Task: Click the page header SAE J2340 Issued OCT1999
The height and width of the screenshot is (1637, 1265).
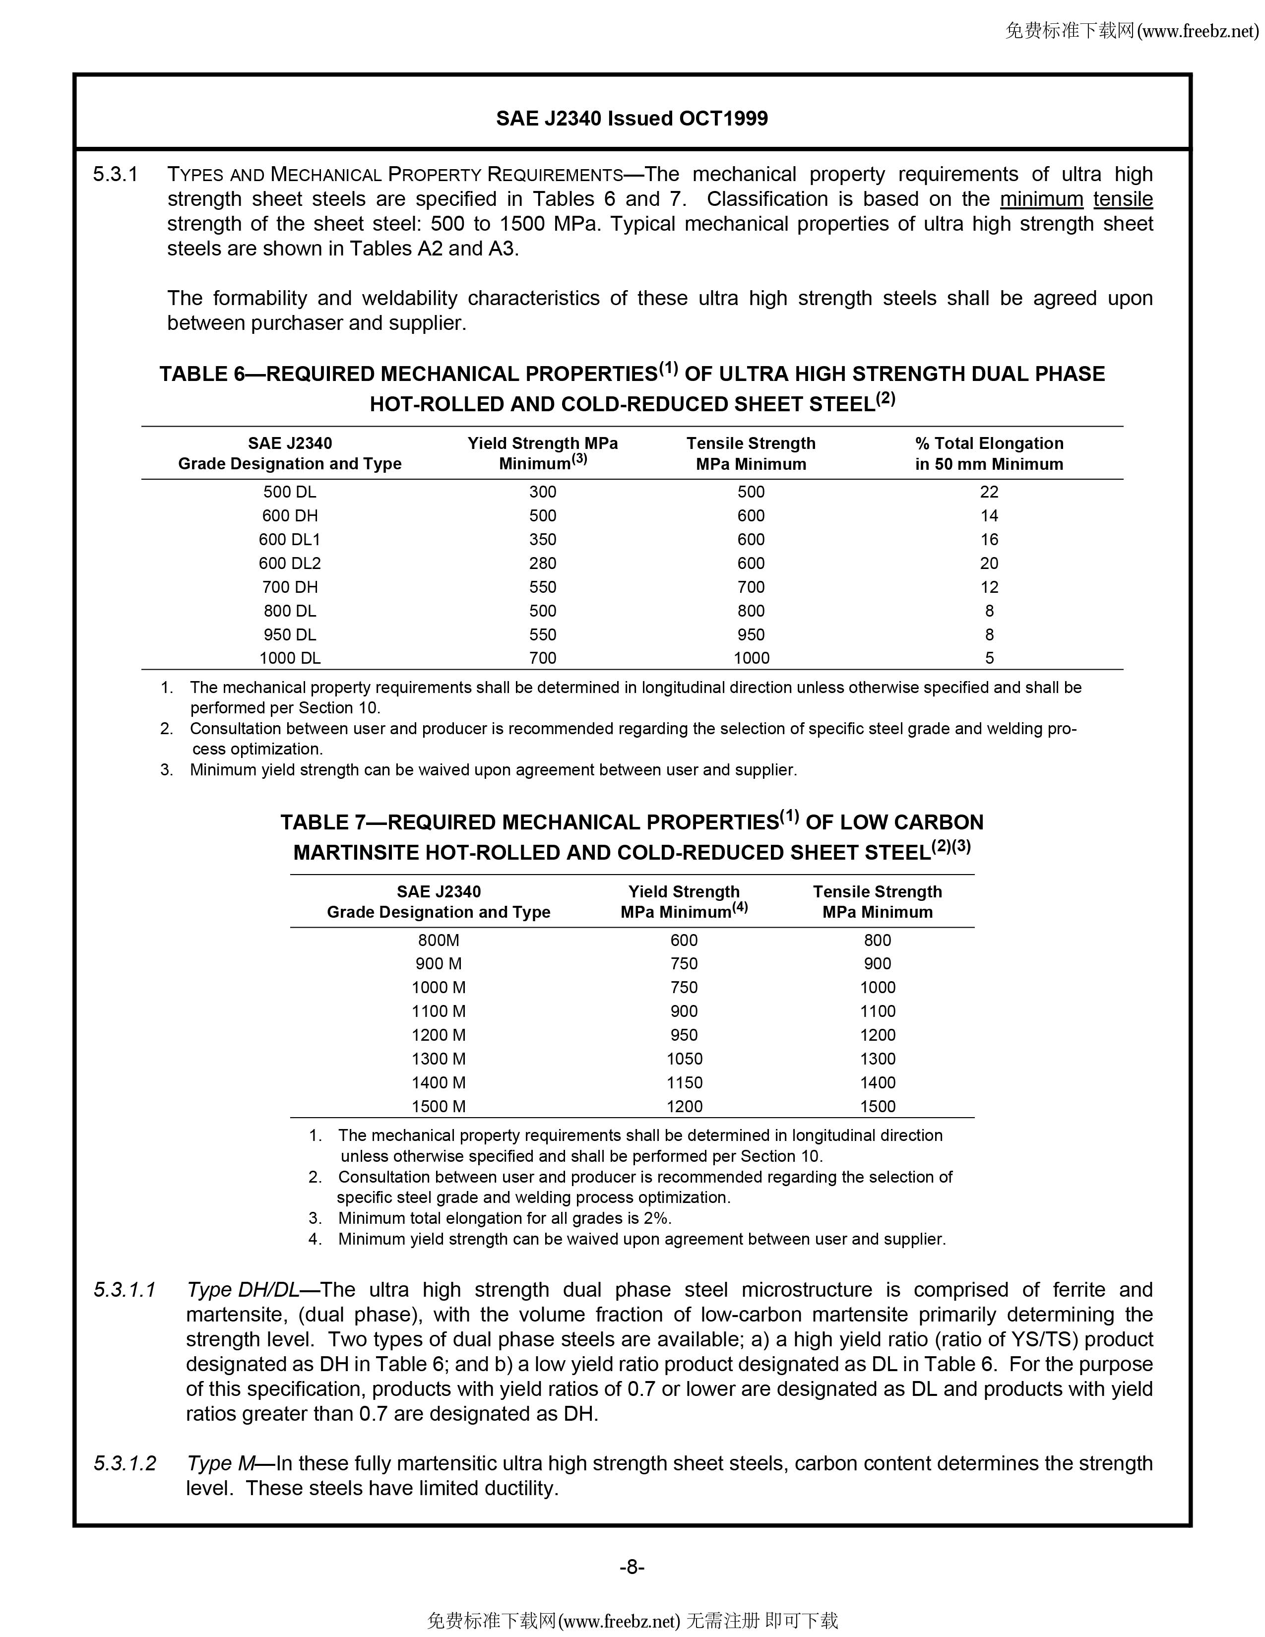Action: coord(632,119)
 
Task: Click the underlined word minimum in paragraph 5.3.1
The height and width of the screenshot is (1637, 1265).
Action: coord(1041,199)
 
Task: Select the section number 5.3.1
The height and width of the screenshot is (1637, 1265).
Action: coord(116,175)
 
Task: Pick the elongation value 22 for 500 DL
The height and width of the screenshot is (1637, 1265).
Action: coord(989,492)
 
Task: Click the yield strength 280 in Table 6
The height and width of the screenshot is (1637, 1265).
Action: coord(543,563)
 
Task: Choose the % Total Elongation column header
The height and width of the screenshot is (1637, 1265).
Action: coord(989,453)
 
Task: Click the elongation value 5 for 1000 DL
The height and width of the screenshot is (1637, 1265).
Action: coord(989,658)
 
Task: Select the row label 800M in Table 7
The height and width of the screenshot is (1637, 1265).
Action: coord(439,940)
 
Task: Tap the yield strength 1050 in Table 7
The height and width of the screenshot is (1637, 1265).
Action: coord(684,1059)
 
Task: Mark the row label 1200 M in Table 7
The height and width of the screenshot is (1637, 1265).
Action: coord(439,1035)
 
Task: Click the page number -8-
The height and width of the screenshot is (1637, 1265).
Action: coord(632,1567)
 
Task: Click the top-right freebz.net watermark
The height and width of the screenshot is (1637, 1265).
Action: coord(1131,31)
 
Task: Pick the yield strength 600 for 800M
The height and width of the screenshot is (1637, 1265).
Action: coord(684,940)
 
